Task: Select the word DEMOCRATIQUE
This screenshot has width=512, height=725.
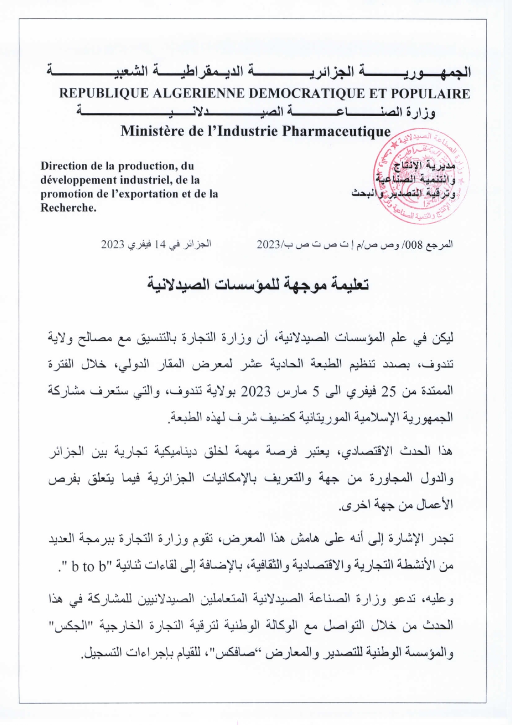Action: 307,94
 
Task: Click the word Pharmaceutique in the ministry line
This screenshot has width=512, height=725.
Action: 336,131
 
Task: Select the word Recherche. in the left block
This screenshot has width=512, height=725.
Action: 68,208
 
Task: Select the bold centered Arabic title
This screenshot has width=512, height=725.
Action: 258,285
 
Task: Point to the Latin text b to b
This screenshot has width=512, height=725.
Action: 89,566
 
